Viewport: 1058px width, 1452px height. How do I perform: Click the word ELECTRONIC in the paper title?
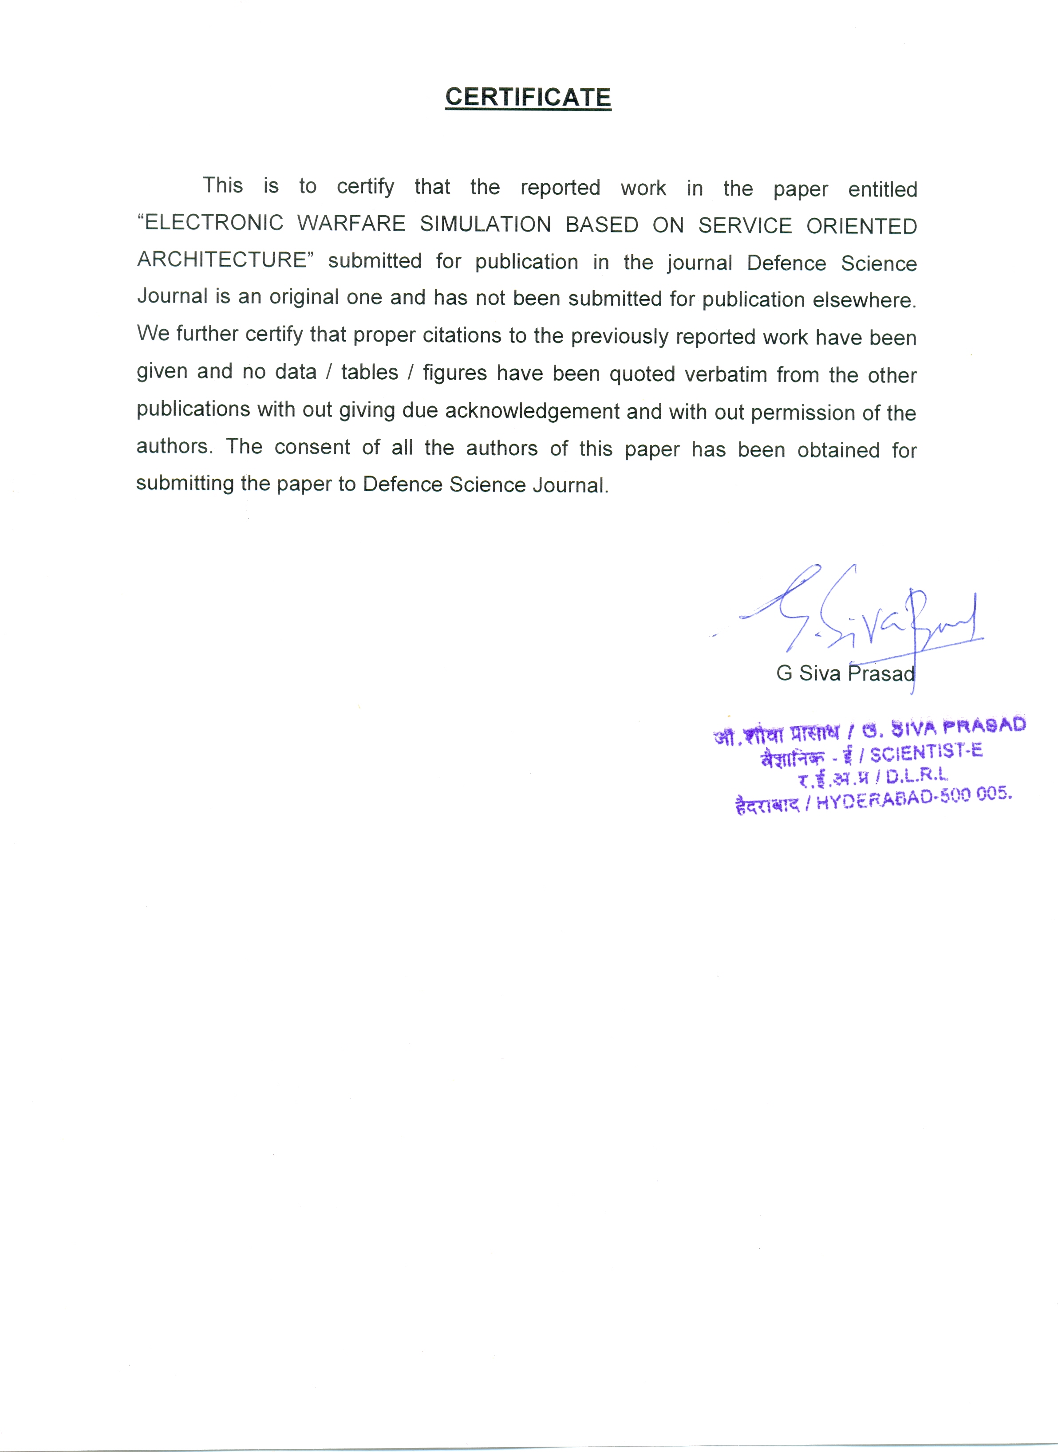click(213, 223)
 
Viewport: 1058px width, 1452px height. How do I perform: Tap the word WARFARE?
click(351, 224)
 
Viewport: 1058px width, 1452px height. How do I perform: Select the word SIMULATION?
click(486, 224)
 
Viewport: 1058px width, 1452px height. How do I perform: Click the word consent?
click(312, 447)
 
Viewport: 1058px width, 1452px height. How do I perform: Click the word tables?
click(370, 372)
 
